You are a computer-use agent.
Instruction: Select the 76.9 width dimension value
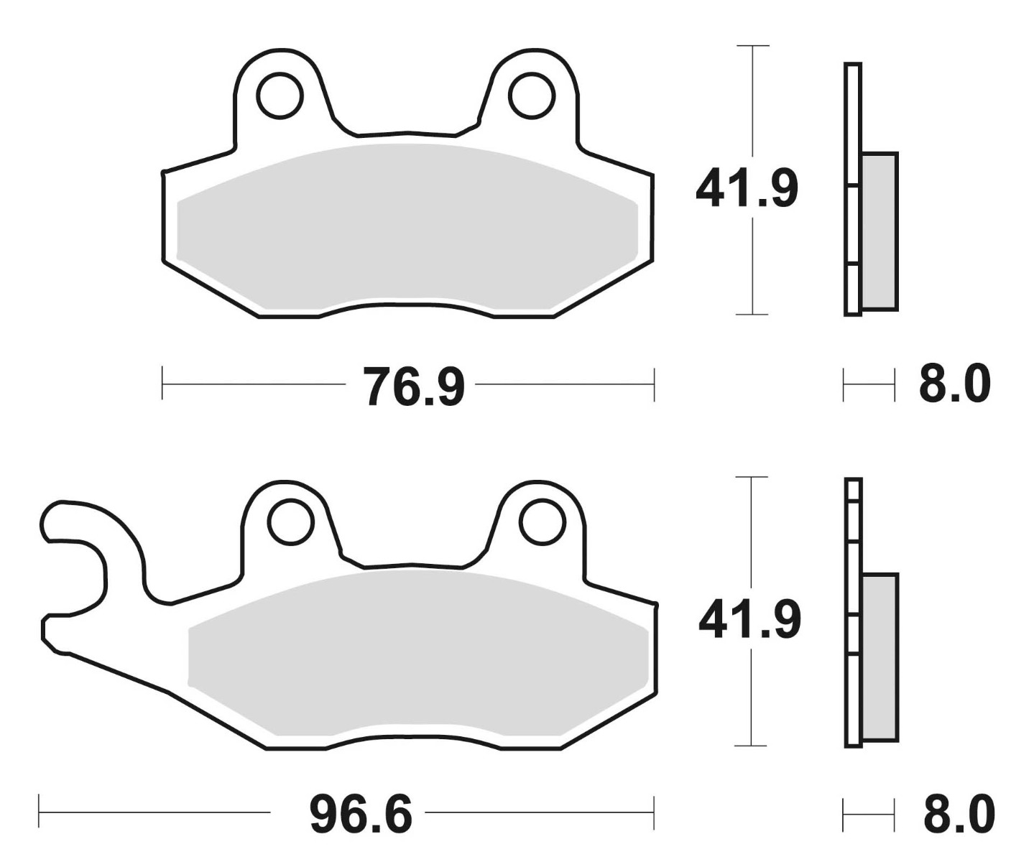click(x=413, y=386)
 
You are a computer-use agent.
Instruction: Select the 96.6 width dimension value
click(x=361, y=815)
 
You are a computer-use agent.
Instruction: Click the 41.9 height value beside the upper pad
click(x=747, y=188)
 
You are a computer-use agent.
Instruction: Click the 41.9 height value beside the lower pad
click(x=749, y=619)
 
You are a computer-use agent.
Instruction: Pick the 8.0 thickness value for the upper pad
click(x=955, y=384)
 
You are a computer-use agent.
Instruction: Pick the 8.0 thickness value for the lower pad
click(x=959, y=813)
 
